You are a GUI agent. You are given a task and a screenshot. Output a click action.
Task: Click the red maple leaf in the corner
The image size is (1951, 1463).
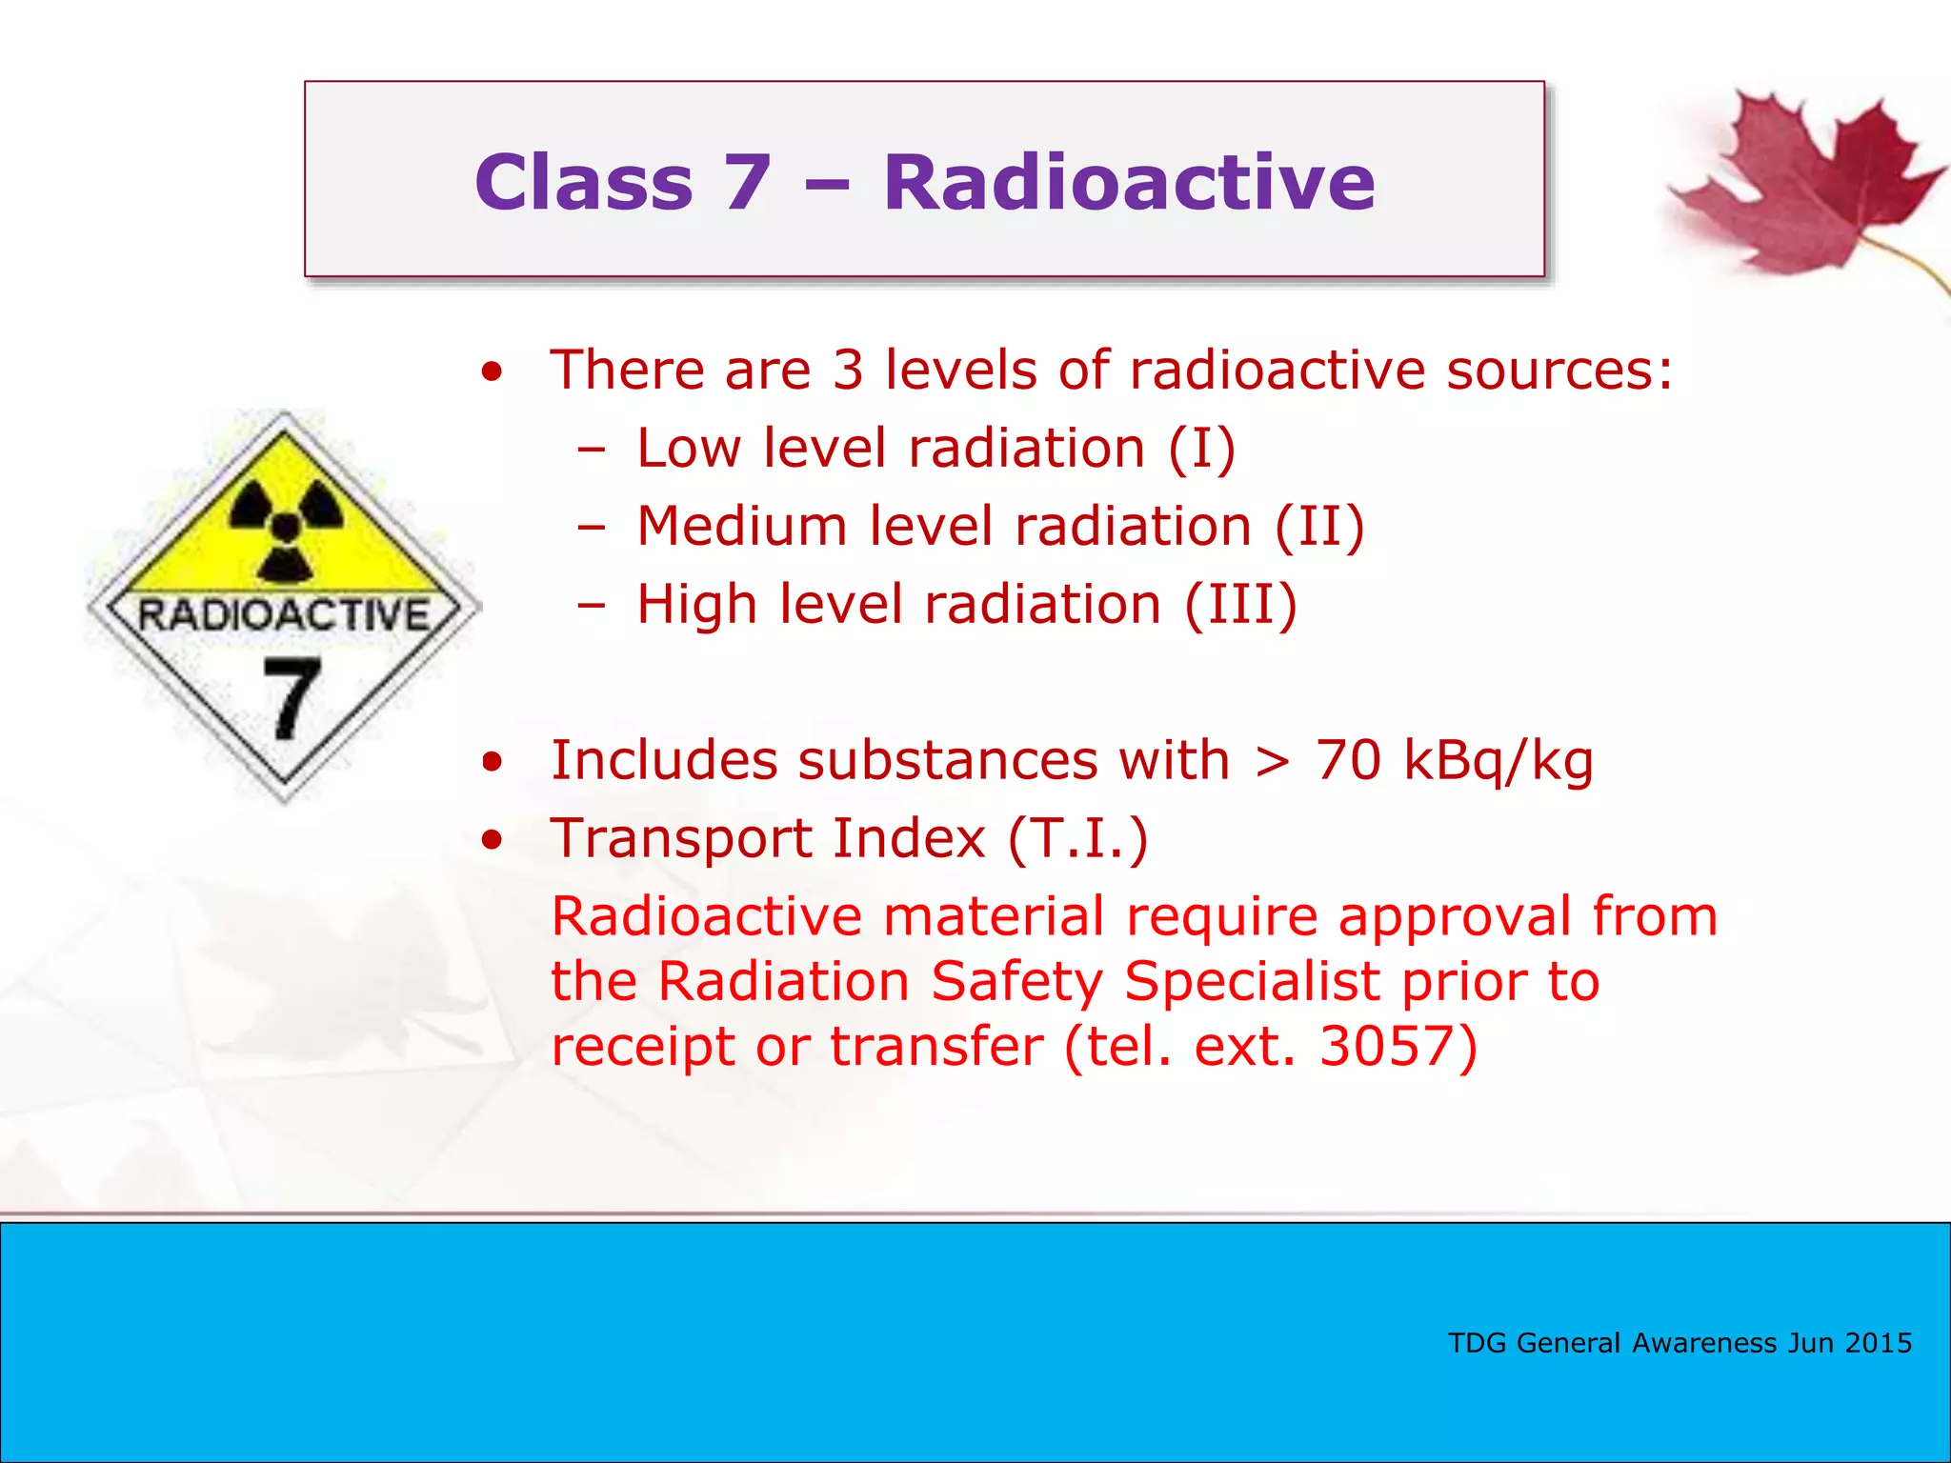click(1800, 186)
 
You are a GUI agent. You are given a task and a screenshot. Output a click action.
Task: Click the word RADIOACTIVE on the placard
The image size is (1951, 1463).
click(284, 615)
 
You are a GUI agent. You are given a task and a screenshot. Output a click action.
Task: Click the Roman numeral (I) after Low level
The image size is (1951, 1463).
click(1202, 449)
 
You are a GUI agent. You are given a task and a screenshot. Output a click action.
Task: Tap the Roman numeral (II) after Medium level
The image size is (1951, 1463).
click(1319, 527)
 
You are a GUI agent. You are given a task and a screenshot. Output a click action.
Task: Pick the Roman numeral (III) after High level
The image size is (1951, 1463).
click(1240, 605)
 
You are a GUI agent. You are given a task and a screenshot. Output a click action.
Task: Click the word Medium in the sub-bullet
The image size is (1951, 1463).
click(741, 527)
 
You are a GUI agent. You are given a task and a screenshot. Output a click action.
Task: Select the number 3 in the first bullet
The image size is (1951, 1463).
click(847, 371)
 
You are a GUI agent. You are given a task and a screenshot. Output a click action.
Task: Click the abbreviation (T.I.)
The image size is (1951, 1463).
click(1077, 839)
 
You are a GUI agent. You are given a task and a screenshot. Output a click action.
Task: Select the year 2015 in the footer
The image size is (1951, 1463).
click(1878, 1343)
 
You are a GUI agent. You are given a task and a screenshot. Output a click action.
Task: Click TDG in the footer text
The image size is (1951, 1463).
click(1478, 1343)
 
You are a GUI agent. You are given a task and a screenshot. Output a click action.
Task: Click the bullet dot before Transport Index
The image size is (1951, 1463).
click(492, 840)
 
